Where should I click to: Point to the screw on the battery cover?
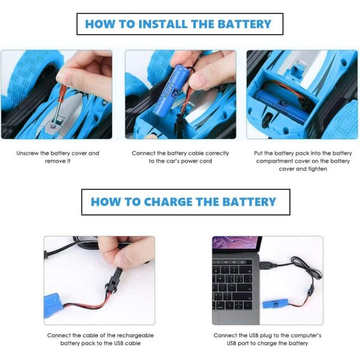[x=53, y=127]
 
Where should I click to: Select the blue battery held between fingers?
[x=170, y=90]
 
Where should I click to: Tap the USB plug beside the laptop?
[x=268, y=265]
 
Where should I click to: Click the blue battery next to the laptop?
[x=275, y=304]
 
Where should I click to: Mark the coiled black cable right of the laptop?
[x=305, y=268]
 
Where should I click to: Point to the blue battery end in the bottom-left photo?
[x=53, y=305]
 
